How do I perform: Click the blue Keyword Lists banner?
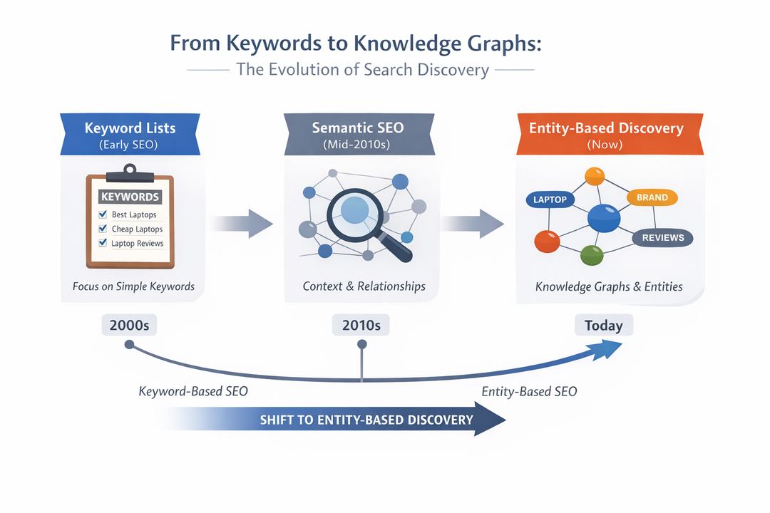130,134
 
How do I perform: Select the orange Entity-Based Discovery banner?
605,134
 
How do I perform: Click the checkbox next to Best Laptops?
103,214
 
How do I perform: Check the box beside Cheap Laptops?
103,229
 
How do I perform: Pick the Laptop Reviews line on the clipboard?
137,243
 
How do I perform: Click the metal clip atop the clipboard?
129,172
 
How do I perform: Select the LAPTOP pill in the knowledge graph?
550,199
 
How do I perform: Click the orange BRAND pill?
652,197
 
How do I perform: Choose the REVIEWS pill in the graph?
662,238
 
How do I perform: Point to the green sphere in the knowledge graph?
592,254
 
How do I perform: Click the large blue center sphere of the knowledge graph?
604,217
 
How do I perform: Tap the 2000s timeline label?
129,326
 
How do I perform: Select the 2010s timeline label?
361,326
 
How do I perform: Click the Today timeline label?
603,326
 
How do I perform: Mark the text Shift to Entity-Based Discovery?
366,420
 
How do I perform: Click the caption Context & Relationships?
364,286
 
